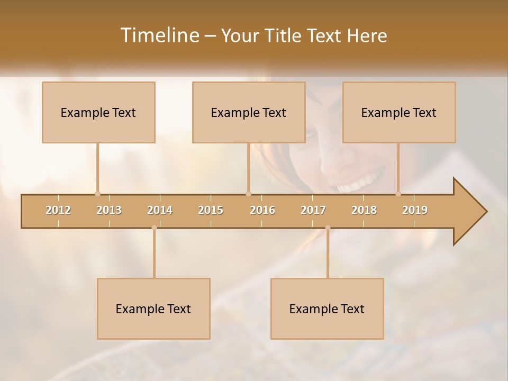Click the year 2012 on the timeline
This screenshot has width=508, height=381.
coord(58,210)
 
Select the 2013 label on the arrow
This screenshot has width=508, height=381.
coord(109,210)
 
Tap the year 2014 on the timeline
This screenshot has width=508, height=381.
coord(160,210)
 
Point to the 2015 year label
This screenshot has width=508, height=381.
coord(211,210)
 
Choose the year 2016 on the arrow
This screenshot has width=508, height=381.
coord(262,210)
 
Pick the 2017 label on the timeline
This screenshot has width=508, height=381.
coord(313,210)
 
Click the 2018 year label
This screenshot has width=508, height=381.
coord(364,210)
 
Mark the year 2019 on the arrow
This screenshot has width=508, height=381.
coord(415,210)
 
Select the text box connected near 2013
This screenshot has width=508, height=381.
coord(98,112)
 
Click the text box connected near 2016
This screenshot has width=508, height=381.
coord(249,112)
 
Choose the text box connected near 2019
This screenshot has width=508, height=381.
coord(399,112)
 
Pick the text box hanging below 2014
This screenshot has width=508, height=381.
coord(153,309)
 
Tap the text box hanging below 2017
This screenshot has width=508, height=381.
coord(327,309)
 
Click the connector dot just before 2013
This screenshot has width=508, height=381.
coord(97,194)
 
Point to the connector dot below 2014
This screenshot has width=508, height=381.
coord(154,228)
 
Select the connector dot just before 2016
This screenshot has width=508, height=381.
coord(248,194)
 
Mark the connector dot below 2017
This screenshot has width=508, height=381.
coord(328,228)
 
